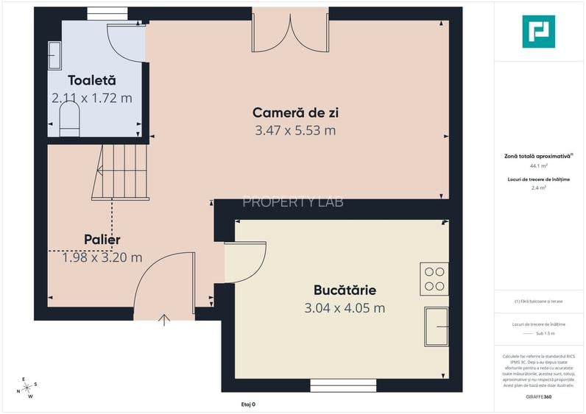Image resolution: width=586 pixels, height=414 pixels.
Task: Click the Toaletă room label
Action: coord(92,80)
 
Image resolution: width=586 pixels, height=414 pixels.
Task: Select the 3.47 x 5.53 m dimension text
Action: coord(295,130)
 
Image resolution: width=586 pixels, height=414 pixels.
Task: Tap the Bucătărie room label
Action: coord(345,290)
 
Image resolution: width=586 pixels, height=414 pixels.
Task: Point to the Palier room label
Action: coord(102,240)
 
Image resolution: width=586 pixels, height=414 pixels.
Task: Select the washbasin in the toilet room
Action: coord(55,56)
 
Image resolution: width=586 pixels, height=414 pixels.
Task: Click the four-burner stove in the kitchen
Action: coord(434,278)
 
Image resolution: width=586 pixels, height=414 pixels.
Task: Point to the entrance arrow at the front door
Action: coord(164,319)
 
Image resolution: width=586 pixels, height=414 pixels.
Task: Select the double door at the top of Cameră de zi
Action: coord(290,31)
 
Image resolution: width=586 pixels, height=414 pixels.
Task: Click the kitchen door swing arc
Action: coord(247,261)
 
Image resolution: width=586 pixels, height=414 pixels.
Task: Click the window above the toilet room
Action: coord(107,13)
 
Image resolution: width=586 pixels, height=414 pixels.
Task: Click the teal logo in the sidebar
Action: coord(538,31)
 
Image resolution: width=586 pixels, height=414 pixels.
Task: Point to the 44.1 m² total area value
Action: coord(538,166)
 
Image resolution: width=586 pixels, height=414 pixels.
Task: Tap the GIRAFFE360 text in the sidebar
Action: coord(538,397)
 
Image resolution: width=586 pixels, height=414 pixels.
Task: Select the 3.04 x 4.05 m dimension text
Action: coord(345,308)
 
